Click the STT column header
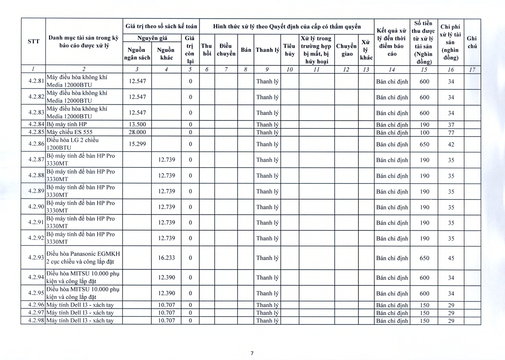(x=33, y=41)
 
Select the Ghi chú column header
(x=472, y=42)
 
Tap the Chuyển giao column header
(x=346, y=50)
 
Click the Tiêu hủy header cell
(x=289, y=50)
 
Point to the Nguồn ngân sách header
(x=137, y=54)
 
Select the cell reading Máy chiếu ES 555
(x=70, y=132)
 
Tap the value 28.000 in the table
(x=137, y=132)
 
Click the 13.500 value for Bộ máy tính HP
(x=137, y=124)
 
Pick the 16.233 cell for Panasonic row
(x=166, y=258)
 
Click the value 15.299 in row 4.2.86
(x=137, y=144)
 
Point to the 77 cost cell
(x=451, y=133)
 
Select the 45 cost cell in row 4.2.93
(x=451, y=258)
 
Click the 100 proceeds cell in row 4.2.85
(x=424, y=133)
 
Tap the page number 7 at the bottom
(x=252, y=353)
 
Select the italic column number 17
(x=472, y=69)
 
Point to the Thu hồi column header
(x=207, y=50)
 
